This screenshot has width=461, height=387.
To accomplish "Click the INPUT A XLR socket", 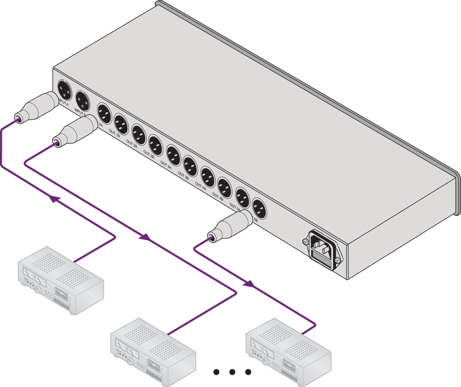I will coord(64,92).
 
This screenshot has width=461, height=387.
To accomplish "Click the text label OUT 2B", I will coord(149,154).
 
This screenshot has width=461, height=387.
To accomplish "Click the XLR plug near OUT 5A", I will coord(230,227).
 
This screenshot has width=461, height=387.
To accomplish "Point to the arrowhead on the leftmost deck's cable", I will coord(56,199).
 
